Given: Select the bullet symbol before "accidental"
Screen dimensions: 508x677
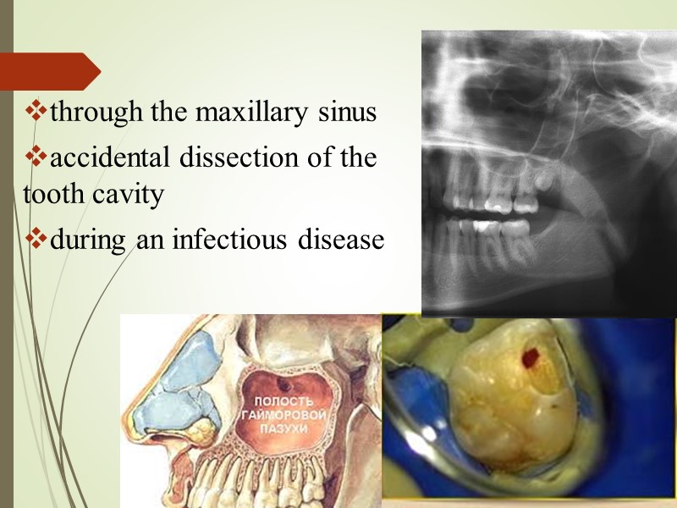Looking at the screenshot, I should pyautogui.click(x=37, y=156).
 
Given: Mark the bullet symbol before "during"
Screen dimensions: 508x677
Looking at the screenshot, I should pyautogui.click(x=37, y=239).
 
